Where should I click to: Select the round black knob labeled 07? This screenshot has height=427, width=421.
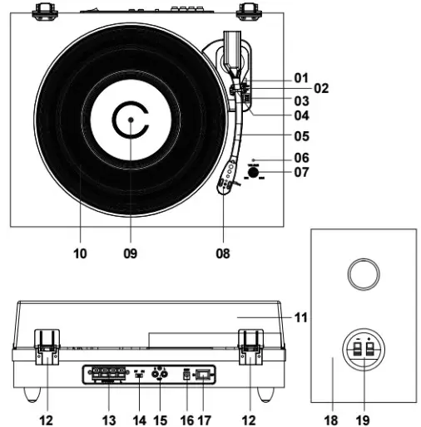[253, 173]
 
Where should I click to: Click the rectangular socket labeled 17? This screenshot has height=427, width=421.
[205, 375]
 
